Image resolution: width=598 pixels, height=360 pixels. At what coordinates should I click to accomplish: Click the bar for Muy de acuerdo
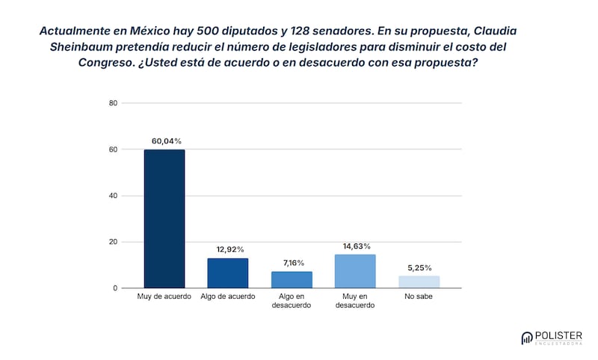click(x=164, y=219)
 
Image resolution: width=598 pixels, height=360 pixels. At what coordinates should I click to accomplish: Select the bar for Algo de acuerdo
click(x=228, y=273)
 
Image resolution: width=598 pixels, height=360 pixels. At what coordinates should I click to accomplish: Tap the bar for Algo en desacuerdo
click(x=292, y=280)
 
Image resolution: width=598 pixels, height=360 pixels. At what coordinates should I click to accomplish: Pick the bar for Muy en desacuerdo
click(x=355, y=271)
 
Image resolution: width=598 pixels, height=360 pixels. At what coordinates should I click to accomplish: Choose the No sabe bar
click(x=419, y=282)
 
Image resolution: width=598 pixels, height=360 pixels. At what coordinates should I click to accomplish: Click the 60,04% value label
click(x=166, y=141)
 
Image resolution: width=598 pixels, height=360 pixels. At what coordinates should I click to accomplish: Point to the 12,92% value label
click(x=229, y=249)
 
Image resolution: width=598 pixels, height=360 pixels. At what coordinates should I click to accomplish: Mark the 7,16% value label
click(x=292, y=263)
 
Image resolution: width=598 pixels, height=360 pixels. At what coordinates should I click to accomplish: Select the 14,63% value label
click(x=356, y=246)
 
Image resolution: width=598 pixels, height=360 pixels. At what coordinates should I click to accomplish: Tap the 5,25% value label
click(x=419, y=267)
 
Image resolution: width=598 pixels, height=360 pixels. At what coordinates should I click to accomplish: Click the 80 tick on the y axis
click(x=114, y=103)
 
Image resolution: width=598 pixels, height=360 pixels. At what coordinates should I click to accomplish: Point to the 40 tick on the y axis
click(x=114, y=196)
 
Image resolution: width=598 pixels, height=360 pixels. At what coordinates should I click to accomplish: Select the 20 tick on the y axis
click(x=114, y=242)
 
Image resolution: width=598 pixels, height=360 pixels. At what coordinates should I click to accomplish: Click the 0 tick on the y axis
click(x=116, y=288)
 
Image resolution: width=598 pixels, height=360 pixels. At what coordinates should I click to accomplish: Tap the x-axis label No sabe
click(x=419, y=297)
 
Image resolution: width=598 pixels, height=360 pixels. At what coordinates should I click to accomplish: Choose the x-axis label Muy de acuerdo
click(x=164, y=297)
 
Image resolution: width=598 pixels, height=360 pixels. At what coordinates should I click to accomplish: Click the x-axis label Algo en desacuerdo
click(x=292, y=301)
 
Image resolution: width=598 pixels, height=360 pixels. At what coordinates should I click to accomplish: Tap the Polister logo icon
click(x=527, y=338)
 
